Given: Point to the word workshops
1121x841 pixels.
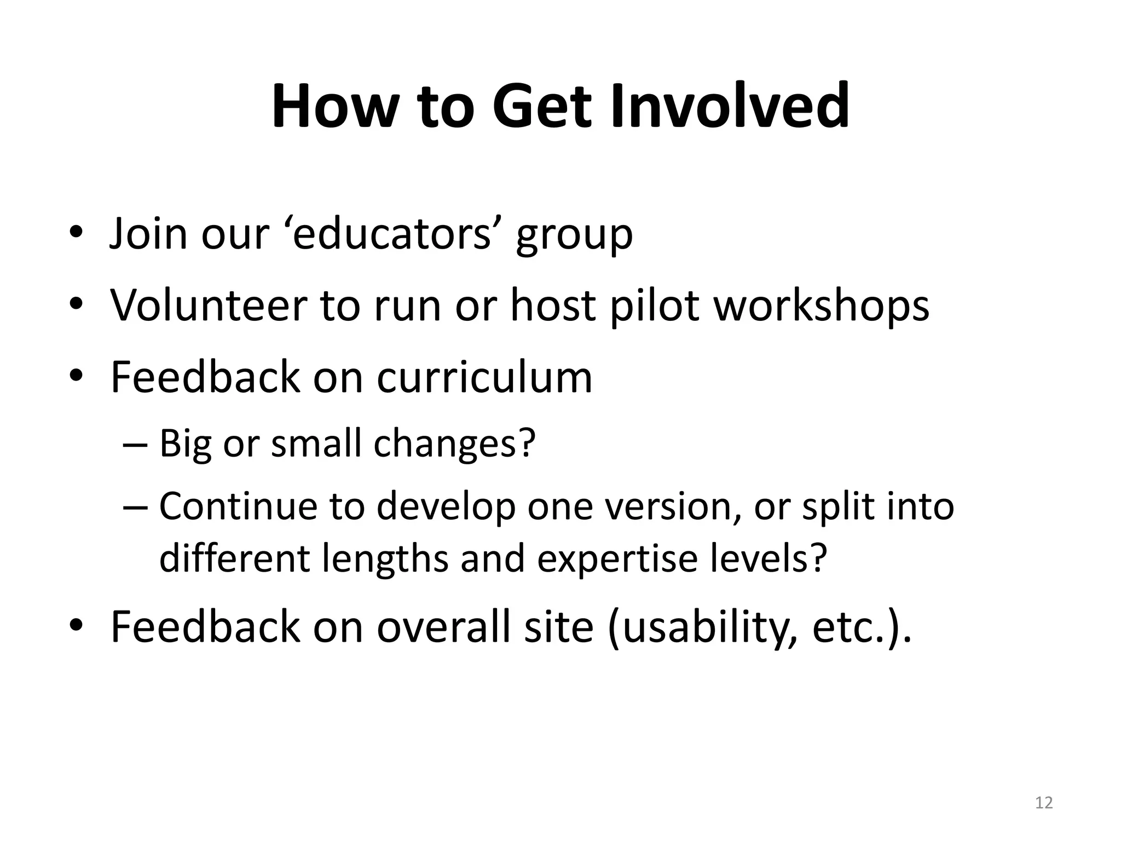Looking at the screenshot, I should click(x=822, y=306).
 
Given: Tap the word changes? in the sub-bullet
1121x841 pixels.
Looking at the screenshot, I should click(x=454, y=443).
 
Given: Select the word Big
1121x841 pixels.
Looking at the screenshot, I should click(x=185, y=443).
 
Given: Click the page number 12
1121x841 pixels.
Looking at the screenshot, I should click(x=1044, y=803).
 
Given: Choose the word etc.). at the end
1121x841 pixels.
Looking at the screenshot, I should click(x=862, y=627).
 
